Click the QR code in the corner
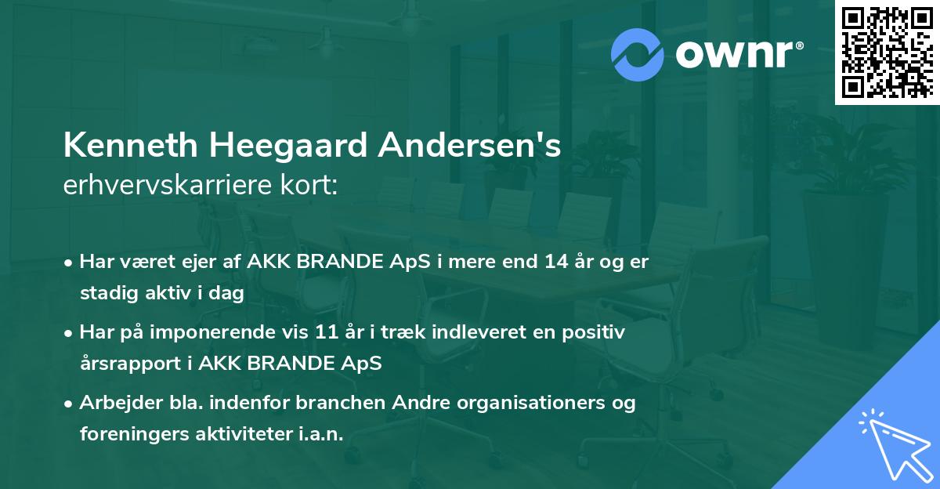click(x=887, y=52)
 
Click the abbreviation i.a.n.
click(x=321, y=434)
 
